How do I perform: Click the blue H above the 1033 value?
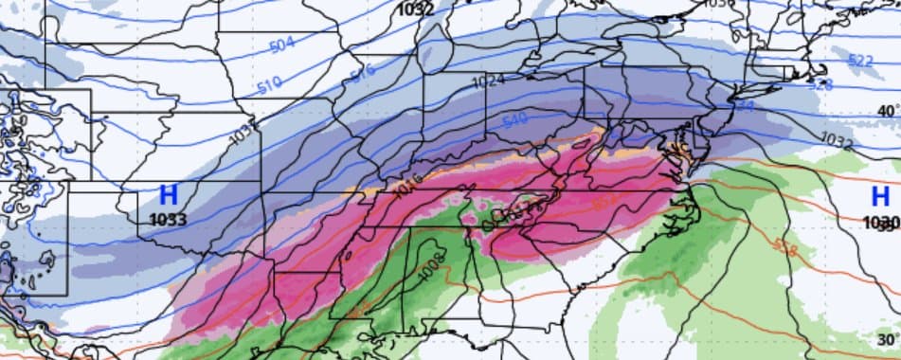click(x=169, y=196)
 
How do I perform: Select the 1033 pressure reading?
click(x=169, y=219)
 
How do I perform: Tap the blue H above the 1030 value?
click(x=879, y=196)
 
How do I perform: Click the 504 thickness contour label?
click(x=281, y=45)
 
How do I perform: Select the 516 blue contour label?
click(x=362, y=71)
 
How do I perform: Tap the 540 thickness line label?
click(x=514, y=121)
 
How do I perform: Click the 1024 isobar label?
click(x=487, y=81)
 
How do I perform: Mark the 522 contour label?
click(x=859, y=61)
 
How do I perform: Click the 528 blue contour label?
click(x=820, y=83)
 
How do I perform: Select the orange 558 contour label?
click(x=784, y=246)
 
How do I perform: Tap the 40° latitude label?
click(x=887, y=111)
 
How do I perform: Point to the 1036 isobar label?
click(x=720, y=4)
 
